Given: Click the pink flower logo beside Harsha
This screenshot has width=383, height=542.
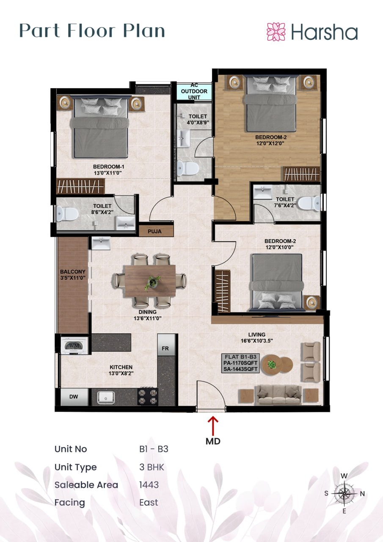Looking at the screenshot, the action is pyautogui.click(x=276, y=32).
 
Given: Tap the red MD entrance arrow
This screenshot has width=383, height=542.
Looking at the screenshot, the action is pyautogui.click(x=213, y=426).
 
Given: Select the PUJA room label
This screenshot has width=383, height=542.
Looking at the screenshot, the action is pyautogui.click(x=154, y=231).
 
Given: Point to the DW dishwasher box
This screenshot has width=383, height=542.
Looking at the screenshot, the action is pyautogui.click(x=74, y=397).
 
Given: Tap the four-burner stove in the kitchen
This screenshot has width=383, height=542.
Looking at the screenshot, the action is pyautogui.click(x=148, y=397).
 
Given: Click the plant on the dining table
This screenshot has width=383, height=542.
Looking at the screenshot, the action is pyautogui.click(x=152, y=282).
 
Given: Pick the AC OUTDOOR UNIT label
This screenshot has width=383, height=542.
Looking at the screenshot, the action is pyautogui.click(x=194, y=91).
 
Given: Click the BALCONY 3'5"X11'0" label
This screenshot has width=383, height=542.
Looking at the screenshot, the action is pyautogui.click(x=73, y=275).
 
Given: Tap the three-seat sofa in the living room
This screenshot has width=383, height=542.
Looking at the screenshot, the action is pyautogui.click(x=279, y=395).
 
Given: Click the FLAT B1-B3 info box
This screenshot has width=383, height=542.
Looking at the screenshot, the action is pyautogui.click(x=240, y=363).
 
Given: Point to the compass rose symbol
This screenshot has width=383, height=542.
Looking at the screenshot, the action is pyautogui.click(x=344, y=493).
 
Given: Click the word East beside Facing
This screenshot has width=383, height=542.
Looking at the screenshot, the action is pyautogui.click(x=149, y=502).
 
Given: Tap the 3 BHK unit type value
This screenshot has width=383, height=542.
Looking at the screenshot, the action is pyautogui.click(x=152, y=467).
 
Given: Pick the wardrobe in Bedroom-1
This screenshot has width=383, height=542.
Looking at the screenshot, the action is pyautogui.click(x=80, y=186).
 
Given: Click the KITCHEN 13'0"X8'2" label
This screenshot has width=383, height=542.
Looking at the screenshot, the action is pyautogui.click(x=121, y=370).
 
